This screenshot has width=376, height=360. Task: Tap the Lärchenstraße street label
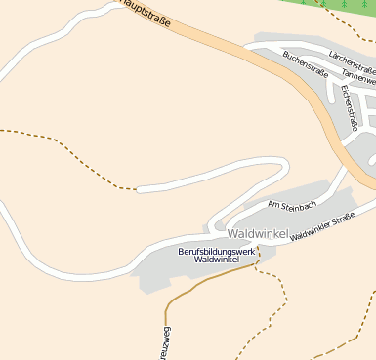coord(353,60)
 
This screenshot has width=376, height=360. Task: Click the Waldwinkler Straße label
coord(321,227)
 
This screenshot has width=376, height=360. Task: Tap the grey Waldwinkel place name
coord(259,234)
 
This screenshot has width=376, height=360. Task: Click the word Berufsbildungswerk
coord(216,252)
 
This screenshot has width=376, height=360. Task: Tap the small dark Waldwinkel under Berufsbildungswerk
coord(216,260)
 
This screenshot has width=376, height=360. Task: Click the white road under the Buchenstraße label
coord(293,80)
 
